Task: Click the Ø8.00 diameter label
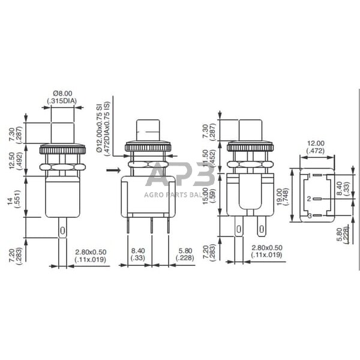point(62,93)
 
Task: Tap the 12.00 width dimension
point(315,143)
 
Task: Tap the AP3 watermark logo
point(180,176)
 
